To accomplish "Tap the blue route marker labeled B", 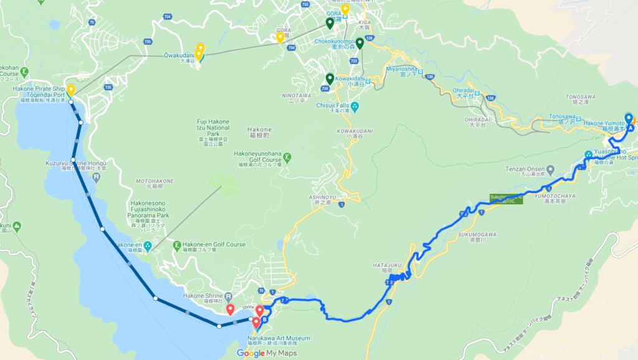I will coord(264,321).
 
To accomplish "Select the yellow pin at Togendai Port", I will coord(71,91).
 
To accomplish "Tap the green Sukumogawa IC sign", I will coord(505,199).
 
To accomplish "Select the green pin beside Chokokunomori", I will coord(359,44).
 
